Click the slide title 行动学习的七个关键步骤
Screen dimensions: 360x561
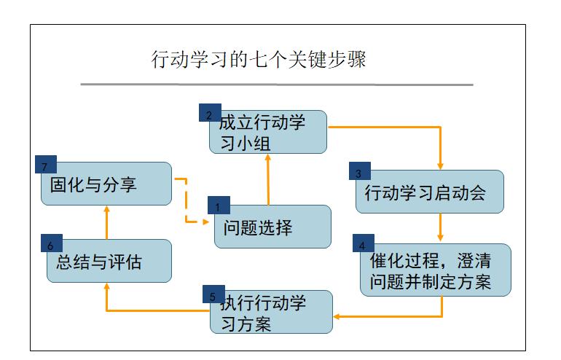[x=259, y=59]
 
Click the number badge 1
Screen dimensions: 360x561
[x=219, y=206]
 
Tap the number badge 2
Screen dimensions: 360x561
[x=210, y=113]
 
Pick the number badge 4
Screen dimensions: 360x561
[x=363, y=243]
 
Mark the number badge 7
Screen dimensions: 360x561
[x=45, y=165]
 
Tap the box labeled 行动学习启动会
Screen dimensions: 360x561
[x=430, y=193]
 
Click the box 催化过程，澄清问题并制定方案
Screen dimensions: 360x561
[x=436, y=271]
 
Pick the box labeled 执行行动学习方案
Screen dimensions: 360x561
[x=271, y=313]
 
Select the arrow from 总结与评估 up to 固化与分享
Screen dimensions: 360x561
[x=106, y=222]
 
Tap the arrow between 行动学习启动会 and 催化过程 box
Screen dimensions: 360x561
[x=440, y=227]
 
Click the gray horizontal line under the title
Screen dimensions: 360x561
[x=277, y=85]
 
